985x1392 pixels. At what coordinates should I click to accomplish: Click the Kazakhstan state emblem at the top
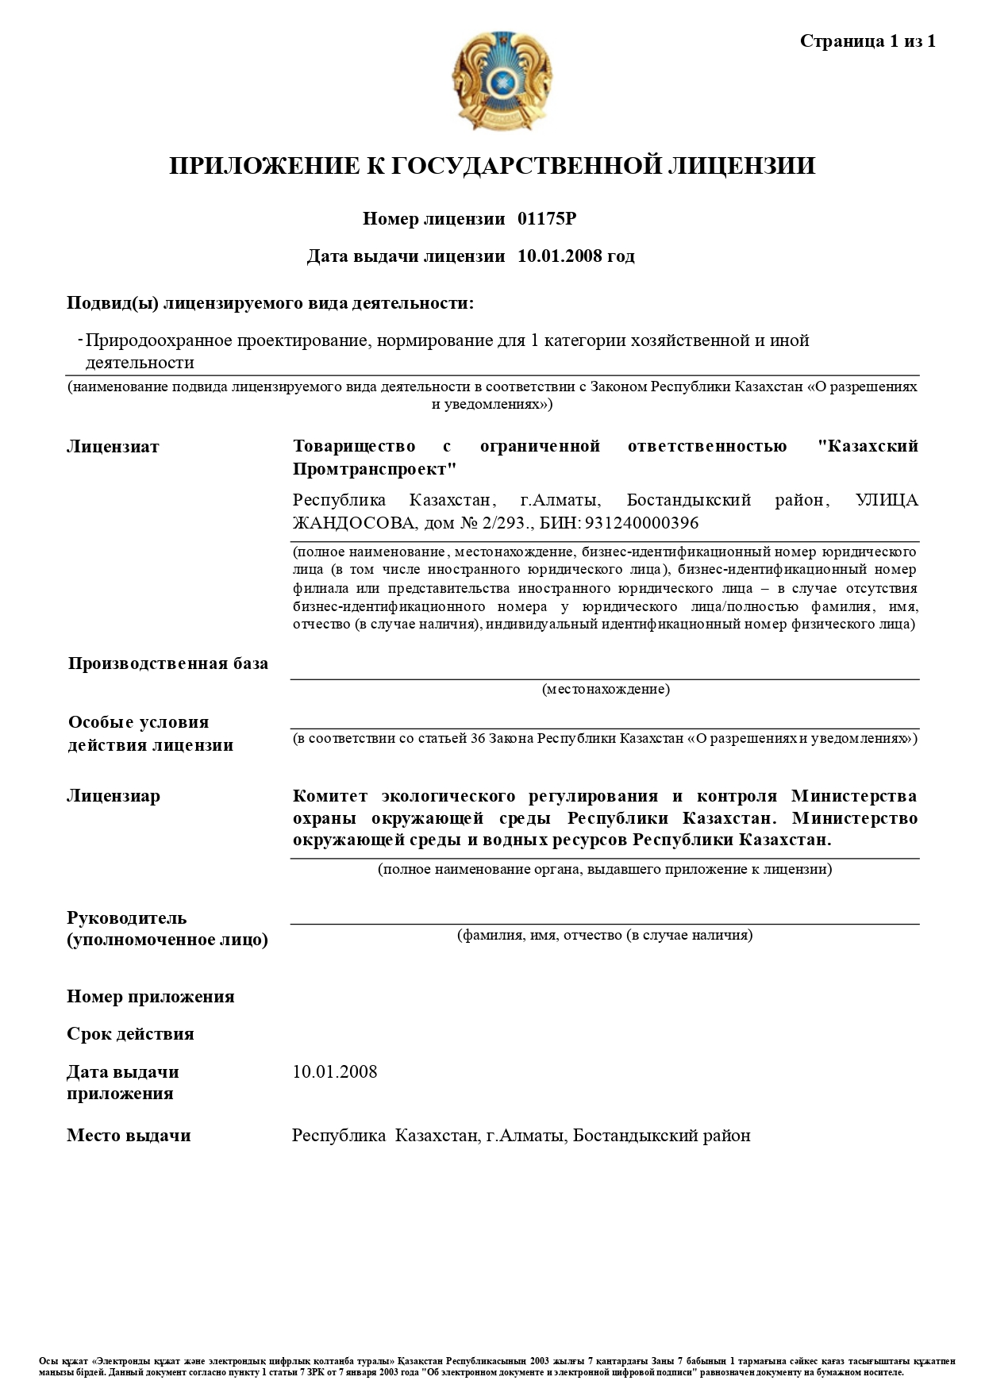coord(502,80)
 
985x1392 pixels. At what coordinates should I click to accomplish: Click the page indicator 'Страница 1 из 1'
coord(868,41)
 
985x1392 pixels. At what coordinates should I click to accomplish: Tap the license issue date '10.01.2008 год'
coord(575,256)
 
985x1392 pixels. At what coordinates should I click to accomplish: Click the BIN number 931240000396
coord(641,523)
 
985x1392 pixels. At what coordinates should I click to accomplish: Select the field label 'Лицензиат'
coord(113,447)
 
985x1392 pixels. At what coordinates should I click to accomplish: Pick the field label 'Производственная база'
coord(168,663)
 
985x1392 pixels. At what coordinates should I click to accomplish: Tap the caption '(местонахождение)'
coord(606,689)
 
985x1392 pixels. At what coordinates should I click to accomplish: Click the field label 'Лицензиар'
coord(113,796)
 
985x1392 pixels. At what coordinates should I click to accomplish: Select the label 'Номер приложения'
coord(151,997)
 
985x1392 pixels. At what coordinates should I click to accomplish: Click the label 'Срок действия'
coord(130,1034)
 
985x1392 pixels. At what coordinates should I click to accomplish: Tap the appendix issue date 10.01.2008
coord(335,1072)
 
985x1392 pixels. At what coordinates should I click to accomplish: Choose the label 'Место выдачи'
coord(129,1136)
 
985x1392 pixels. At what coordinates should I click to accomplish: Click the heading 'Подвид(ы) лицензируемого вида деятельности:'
coord(270,303)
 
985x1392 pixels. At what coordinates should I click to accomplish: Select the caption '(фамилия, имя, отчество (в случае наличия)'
coord(605,935)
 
